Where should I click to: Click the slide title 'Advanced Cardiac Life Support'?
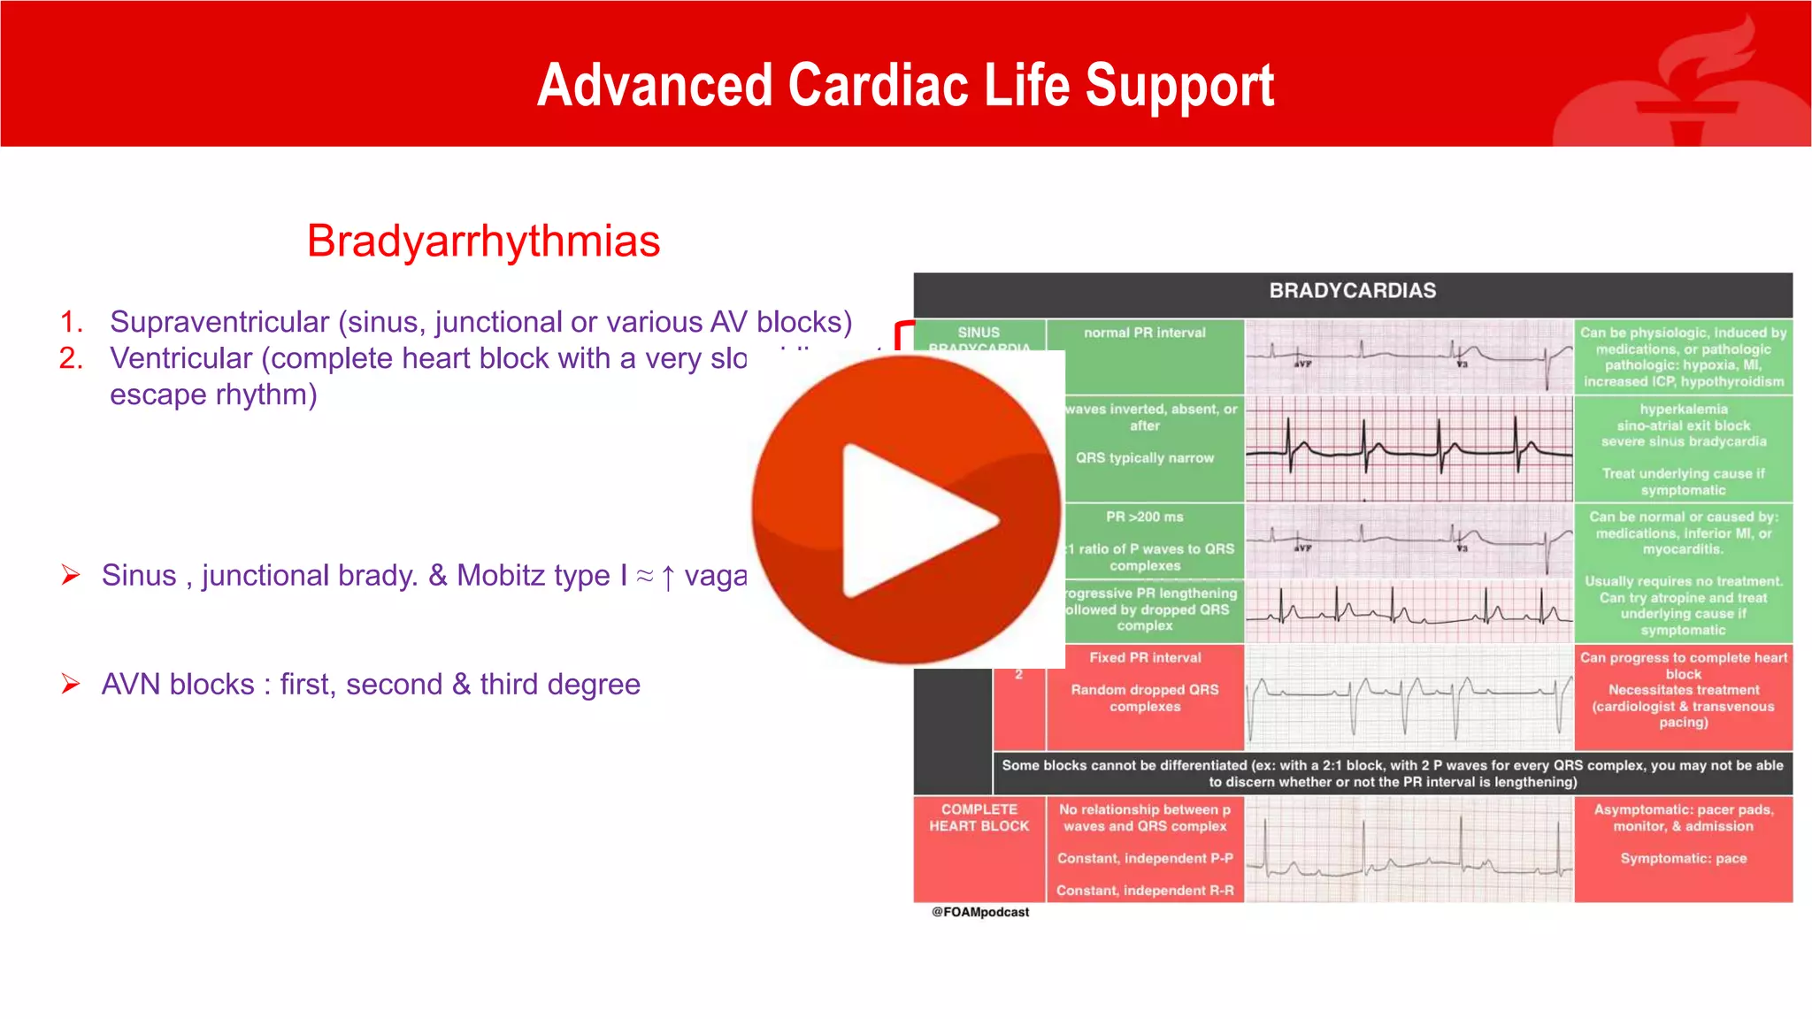[x=905, y=85]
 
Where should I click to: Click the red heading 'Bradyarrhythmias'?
[x=483, y=241]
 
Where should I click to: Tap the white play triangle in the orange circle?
[x=911, y=520]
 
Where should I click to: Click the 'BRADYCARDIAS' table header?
[x=1352, y=291]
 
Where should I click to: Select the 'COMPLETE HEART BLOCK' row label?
[x=979, y=817]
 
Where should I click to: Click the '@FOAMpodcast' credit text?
[x=979, y=912]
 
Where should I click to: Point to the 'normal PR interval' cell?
[x=1144, y=333]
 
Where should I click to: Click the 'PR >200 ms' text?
[x=1144, y=517]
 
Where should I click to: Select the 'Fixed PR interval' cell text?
[x=1145, y=657]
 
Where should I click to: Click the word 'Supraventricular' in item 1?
[x=219, y=322]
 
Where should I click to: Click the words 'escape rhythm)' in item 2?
[x=213, y=395]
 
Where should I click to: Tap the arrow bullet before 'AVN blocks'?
[x=71, y=684]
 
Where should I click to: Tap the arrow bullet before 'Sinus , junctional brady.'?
[x=71, y=575]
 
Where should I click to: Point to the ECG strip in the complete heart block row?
[x=1409, y=850]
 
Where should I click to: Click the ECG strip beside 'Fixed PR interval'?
[x=1409, y=698]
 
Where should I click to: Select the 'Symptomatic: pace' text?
[x=1683, y=858]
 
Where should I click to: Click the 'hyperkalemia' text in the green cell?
[x=1683, y=409]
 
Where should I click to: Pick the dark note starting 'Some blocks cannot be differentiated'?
[x=1392, y=773]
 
